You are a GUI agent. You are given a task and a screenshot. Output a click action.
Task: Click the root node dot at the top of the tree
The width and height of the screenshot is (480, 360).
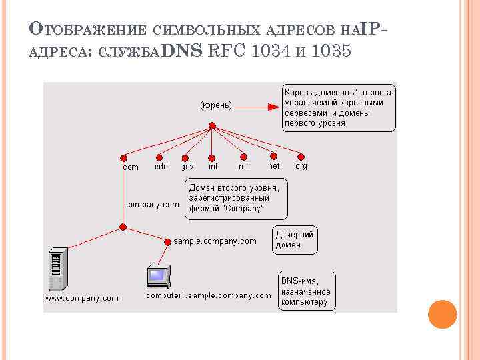211,126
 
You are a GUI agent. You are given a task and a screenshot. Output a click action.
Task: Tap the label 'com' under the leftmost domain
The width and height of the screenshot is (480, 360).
131,167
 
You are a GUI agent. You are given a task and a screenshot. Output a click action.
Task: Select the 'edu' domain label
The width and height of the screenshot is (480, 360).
161,167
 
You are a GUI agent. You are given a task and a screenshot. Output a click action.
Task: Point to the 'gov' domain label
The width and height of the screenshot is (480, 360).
187,167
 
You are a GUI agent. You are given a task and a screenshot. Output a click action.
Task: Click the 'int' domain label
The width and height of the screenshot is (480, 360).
213,167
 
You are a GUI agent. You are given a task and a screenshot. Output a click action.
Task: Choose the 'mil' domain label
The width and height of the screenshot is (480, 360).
244,167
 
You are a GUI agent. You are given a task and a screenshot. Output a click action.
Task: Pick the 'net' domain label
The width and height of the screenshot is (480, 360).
273,166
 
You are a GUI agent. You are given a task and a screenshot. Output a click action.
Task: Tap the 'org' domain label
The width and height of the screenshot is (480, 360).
301,166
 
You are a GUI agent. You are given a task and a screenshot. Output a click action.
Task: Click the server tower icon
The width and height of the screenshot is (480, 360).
58,269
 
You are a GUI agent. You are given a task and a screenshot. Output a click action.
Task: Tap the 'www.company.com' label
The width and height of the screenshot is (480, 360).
81,298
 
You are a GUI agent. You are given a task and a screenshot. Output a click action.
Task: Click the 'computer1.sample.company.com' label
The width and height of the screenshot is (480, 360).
208,295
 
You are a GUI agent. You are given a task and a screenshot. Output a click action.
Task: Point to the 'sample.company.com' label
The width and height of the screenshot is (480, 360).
215,241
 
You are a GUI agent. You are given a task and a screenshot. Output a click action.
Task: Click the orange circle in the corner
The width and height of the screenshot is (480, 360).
442,314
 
